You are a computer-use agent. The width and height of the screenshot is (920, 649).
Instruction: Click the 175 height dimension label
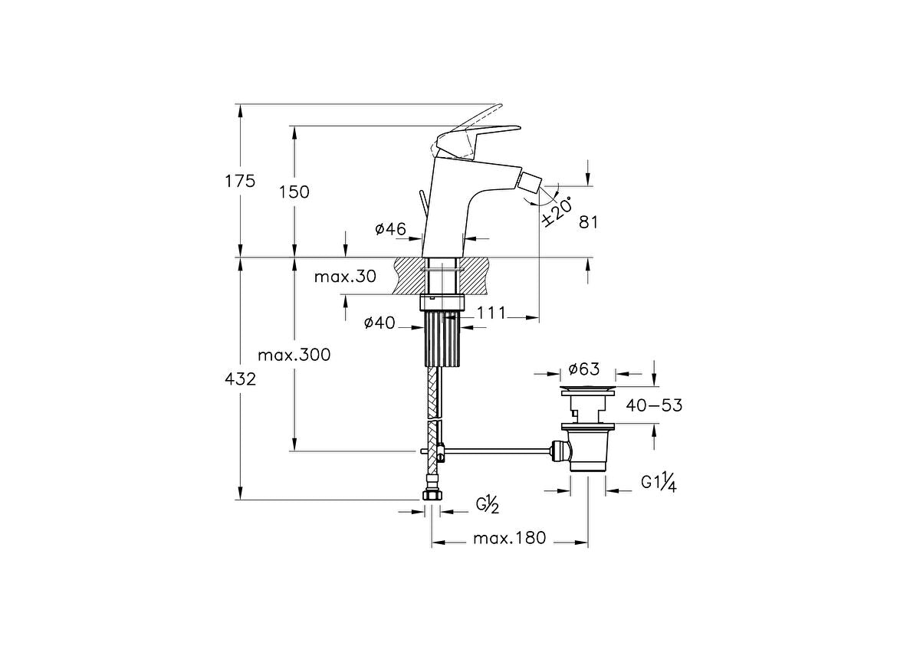pyautogui.click(x=240, y=182)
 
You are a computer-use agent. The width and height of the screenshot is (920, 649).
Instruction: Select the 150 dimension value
pyautogui.click(x=294, y=192)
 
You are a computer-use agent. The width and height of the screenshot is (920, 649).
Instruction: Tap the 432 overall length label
pyautogui.click(x=240, y=379)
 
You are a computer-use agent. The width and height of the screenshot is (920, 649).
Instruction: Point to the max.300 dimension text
pyautogui.click(x=294, y=356)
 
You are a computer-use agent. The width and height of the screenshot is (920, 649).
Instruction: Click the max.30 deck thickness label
pyautogui.click(x=345, y=277)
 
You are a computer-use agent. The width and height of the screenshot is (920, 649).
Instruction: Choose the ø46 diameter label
pyautogui.click(x=389, y=228)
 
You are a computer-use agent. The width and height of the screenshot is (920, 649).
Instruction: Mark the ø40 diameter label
pyautogui.click(x=379, y=323)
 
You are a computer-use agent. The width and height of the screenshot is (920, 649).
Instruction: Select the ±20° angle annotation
pyautogui.click(x=557, y=210)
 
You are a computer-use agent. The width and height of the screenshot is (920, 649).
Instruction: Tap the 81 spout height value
pyautogui.click(x=588, y=222)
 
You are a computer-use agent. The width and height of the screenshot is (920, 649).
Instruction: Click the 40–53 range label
pyautogui.click(x=654, y=405)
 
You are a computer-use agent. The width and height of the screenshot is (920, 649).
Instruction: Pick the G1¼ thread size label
pyautogui.click(x=658, y=483)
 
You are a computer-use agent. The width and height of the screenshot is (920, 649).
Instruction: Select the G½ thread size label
pyautogui.click(x=488, y=504)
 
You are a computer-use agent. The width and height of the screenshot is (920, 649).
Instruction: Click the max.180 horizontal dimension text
pyautogui.click(x=509, y=538)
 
